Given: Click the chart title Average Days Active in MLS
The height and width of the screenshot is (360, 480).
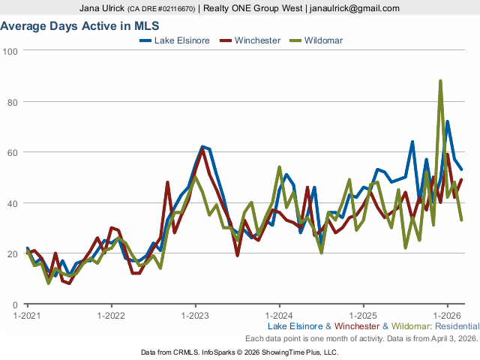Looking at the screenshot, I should (67, 26).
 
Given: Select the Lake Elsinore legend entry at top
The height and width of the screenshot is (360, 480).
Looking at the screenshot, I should (182, 40).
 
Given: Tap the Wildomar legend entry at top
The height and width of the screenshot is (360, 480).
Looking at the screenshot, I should (323, 40).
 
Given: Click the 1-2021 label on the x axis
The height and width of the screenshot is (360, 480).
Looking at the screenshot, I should (28, 316).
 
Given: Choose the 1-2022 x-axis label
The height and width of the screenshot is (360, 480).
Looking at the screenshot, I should (112, 316).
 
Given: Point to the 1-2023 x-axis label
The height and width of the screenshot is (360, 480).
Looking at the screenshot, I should (196, 316).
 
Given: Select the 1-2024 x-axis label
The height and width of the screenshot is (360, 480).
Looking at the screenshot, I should (280, 316).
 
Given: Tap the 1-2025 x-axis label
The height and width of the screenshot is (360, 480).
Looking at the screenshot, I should (364, 316).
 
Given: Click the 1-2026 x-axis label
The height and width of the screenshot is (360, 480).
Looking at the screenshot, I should (448, 316).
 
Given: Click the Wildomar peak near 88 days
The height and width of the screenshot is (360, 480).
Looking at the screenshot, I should (440, 81).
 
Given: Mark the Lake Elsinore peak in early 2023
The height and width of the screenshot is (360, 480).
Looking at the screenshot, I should (202, 147).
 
